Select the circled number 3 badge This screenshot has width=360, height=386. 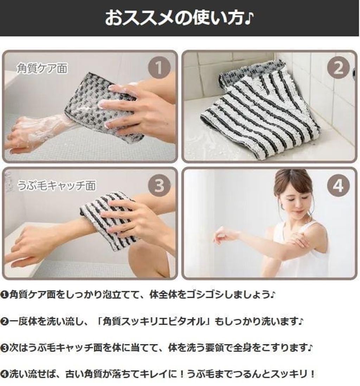click(x=159, y=185)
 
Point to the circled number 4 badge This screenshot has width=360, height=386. click(x=338, y=185)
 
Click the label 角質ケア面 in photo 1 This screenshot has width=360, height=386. click(x=42, y=68)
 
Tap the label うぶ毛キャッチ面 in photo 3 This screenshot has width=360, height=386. click(x=56, y=185)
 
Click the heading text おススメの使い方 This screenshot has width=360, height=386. click(x=175, y=18)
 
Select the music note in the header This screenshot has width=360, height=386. click(x=249, y=18)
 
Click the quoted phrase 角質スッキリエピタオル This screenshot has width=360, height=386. click(x=153, y=321)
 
